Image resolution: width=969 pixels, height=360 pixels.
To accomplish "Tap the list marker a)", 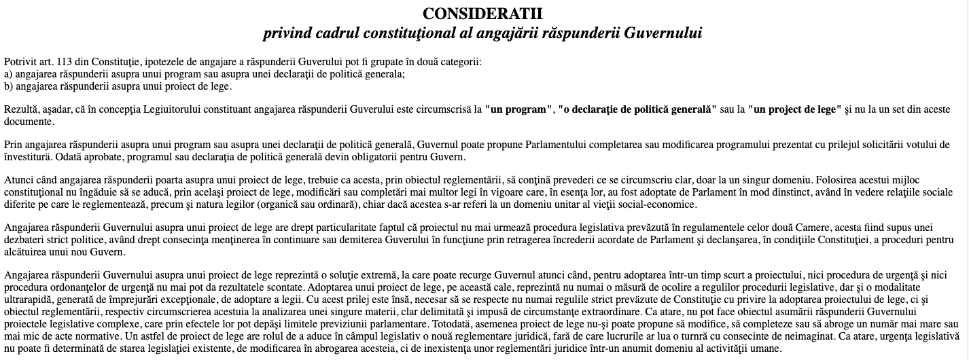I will [8, 74].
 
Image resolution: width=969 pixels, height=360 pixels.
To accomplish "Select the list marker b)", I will [8, 86].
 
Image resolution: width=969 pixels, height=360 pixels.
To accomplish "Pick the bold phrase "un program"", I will [518, 109].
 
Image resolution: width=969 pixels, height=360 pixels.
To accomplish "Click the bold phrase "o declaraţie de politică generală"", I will [637, 109].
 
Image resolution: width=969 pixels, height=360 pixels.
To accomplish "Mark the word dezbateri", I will [25, 240].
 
